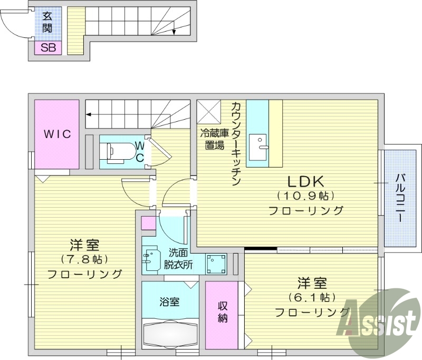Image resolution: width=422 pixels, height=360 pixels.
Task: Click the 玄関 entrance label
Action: [x=47, y=22]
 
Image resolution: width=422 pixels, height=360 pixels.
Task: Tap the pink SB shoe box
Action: [x=47, y=48]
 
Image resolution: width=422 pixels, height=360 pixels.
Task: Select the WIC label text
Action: [x=57, y=134]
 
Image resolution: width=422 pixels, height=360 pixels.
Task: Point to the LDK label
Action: [x=304, y=181]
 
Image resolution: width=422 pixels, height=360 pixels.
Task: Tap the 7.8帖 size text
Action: [x=84, y=259]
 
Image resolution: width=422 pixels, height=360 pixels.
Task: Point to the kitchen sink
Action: [x=258, y=144]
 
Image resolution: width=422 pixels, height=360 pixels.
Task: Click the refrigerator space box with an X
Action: [x=208, y=111]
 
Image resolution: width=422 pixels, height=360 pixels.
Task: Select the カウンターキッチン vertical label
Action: [x=236, y=143]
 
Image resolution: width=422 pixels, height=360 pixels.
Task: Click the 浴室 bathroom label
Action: [x=170, y=302]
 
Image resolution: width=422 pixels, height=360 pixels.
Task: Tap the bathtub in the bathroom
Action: [x=169, y=333]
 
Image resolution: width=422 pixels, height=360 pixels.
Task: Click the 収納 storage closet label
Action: [x=222, y=312]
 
